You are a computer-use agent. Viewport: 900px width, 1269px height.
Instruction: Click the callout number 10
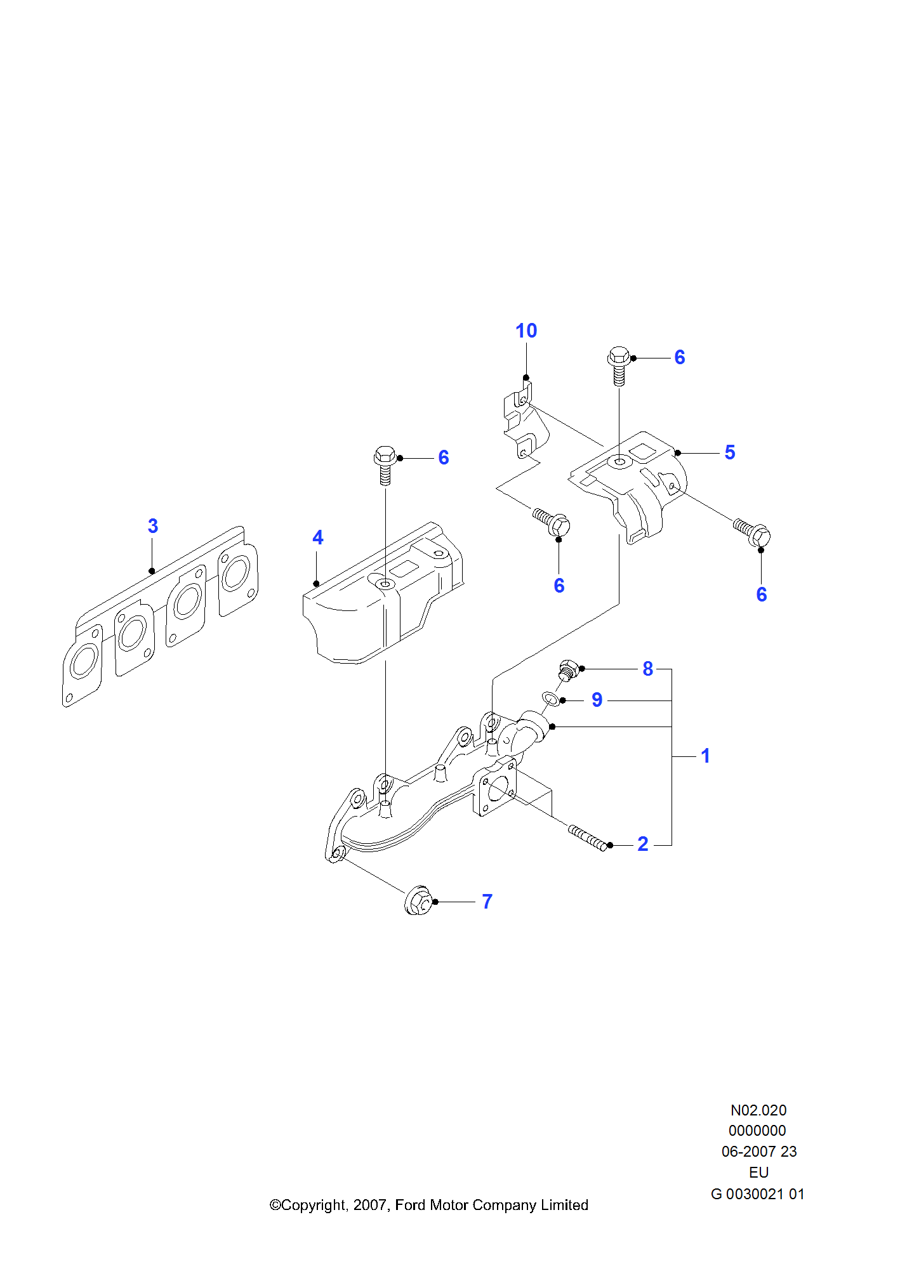pyautogui.click(x=526, y=331)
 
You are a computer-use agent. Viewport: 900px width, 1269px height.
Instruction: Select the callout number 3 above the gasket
pyautogui.click(x=153, y=526)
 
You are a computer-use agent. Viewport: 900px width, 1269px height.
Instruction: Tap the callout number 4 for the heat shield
pyautogui.click(x=318, y=538)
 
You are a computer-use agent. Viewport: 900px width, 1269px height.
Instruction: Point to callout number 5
pyautogui.click(x=730, y=452)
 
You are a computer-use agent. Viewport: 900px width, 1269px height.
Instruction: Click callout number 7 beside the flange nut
pyautogui.click(x=487, y=902)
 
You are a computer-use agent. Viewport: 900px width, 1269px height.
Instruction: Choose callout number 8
pyautogui.click(x=647, y=669)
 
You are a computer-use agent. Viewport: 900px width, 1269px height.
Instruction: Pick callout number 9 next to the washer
pyautogui.click(x=597, y=700)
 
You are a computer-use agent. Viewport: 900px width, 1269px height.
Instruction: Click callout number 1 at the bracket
pyautogui.click(x=705, y=756)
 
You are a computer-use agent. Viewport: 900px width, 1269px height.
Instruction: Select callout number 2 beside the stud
pyautogui.click(x=643, y=844)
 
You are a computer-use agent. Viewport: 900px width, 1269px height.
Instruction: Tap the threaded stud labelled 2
pyautogui.click(x=588, y=838)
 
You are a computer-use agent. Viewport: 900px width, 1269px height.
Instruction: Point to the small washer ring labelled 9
pyautogui.click(x=550, y=699)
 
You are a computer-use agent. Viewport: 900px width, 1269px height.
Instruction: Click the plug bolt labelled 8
pyautogui.click(x=569, y=670)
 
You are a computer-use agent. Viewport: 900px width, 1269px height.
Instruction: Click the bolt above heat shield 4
pyautogui.click(x=385, y=463)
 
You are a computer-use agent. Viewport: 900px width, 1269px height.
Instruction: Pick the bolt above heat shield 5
pyautogui.click(x=619, y=364)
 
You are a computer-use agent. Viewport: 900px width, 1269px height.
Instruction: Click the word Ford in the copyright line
pyautogui.click(x=410, y=1205)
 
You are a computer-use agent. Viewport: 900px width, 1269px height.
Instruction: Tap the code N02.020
pyautogui.click(x=758, y=1110)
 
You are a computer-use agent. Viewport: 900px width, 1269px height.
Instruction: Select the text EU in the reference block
pyautogui.click(x=758, y=1173)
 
